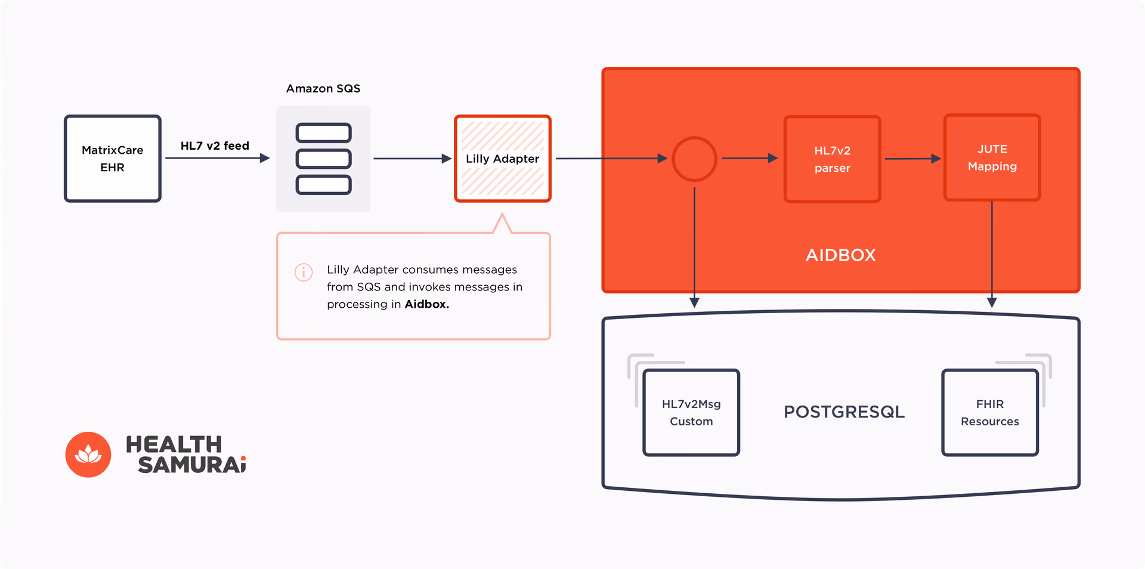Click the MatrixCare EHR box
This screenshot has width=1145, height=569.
coord(113,159)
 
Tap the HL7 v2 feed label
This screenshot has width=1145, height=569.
coord(215,146)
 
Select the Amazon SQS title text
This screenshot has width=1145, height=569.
coord(323,88)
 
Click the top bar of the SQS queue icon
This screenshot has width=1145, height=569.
coord(323,132)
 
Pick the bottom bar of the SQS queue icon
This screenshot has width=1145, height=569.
coord(323,185)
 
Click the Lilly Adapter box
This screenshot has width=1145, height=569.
coord(502,159)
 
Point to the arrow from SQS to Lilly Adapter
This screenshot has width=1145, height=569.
coord(411,159)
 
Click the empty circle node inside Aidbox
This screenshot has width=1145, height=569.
coord(694,159)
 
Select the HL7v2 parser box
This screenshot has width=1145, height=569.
coord(832,159)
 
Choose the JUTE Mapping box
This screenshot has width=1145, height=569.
coord(992,158)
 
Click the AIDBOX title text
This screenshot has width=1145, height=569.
coord(840,255)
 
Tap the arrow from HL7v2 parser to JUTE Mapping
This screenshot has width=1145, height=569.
coord(912,159)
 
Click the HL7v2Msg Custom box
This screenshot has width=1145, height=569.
coord(691,413)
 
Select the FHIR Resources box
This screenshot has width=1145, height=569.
coord(990,413)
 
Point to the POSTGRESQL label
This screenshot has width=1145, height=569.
coord(844,412)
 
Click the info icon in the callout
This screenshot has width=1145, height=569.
coord(304,272)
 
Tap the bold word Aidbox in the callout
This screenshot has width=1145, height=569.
coord(426,304)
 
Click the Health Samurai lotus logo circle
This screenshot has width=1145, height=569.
coord(88,454)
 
